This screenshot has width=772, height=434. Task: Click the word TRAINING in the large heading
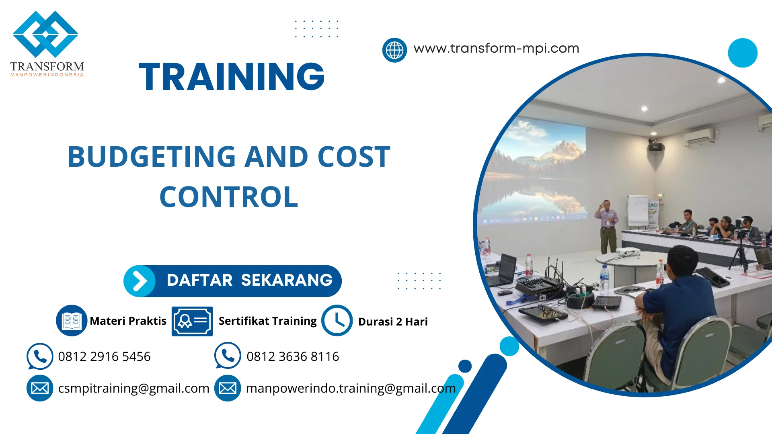click(x=232, y=77)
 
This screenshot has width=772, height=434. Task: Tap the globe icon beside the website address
click(x=394, y=50)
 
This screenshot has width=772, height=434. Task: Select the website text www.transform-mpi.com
click(x=496, y=48)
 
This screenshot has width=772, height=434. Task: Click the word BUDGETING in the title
click(x=152, y=157)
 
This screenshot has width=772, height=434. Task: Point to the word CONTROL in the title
click(x=229, y=197)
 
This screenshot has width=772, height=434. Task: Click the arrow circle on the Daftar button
click(x=140, y=281)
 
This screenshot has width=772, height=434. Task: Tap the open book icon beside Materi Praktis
click(x=72, y=321)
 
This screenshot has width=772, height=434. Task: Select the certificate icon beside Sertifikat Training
click(x=192, y=321)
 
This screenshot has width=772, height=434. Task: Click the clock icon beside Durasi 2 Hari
click(x=337, y=321)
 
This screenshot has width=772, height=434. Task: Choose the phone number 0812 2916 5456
click(x=104, y=356)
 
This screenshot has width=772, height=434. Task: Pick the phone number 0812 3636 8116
click(x=293, y=356)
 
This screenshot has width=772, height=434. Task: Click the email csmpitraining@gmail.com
click(x=133, y=388)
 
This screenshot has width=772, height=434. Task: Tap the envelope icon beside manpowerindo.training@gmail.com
click(x=228, y=388)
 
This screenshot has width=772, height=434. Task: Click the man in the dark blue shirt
click(x=680, y=305)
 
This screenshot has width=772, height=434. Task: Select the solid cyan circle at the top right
click(x=743, y=53)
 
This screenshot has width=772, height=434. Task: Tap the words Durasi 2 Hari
click(x=393, y=322)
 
